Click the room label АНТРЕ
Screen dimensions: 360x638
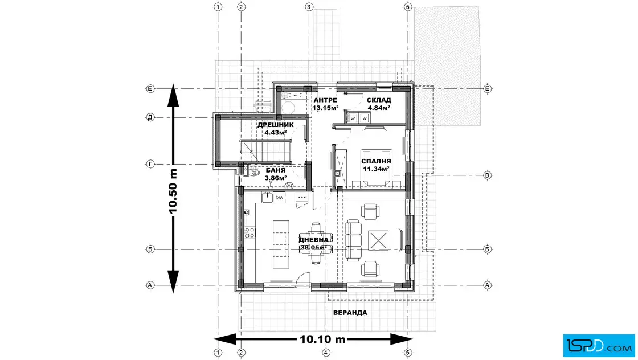tap(326, 100)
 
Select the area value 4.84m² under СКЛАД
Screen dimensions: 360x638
tap(379, 108)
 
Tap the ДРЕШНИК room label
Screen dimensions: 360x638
tap(275, 125)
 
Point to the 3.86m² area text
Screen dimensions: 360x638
tap(275, 178)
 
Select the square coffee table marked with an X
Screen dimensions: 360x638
tap(379, 240)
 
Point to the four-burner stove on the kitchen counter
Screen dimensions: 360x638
tap(249, 232)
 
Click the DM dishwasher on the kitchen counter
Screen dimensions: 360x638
tap(279, 197)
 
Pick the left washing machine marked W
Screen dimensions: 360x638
tap(353, 118)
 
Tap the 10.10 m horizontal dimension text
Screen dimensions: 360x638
tap(323, 339)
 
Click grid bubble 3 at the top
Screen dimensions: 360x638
tap(309, 7)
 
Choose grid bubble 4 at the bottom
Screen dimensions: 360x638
tap(325, 353)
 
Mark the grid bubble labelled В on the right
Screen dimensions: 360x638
tap(488, 175)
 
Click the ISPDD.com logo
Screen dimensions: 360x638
tap(595, 344)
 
